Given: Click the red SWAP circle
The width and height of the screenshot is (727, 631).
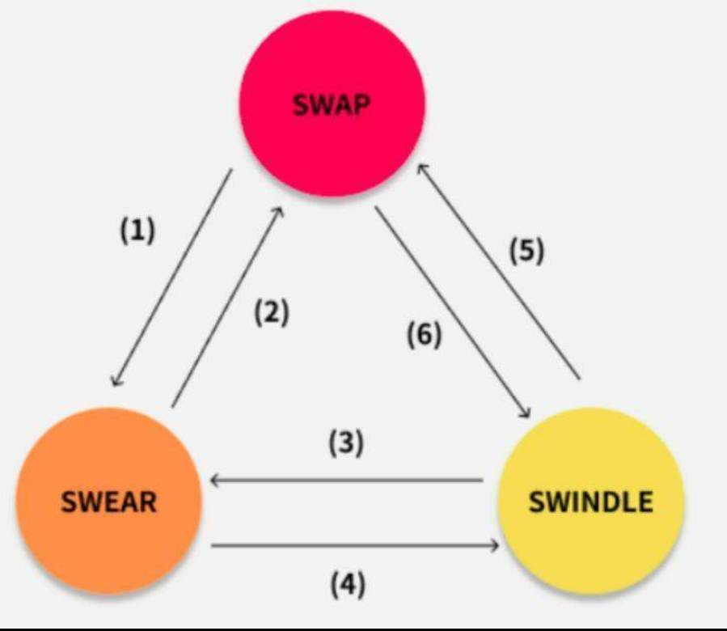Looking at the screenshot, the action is (x=332, y=104).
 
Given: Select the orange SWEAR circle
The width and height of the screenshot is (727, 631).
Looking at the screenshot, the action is (x=109, y=501).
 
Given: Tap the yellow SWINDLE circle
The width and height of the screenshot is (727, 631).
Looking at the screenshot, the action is (x=591, y=501).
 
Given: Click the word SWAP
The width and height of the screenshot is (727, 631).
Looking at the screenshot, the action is (x=332, y=105).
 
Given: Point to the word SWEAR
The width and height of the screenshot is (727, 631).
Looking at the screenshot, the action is (x=109, y=502).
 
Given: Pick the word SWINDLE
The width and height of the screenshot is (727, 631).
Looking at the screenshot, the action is (x=591, y=502).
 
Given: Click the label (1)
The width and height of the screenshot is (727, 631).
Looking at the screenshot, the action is (x=137, y=231).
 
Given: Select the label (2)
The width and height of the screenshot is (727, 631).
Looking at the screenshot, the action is (x=272, y=312).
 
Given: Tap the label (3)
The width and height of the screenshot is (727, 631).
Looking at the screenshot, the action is (x=347, y=443).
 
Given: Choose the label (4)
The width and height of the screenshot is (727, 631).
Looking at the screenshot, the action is (x=348, y=584).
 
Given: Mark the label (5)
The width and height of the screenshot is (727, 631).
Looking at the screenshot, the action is (x=527, y=251).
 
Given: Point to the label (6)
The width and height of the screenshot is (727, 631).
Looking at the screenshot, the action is (x=425, y=335).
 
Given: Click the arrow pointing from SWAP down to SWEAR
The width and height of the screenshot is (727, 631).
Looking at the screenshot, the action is (x=172, y=277).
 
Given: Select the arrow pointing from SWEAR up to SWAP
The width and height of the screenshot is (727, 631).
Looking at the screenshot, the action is (x=227, y=307).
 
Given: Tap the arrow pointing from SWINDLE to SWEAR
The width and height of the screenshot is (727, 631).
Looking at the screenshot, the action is (x=347, y=481).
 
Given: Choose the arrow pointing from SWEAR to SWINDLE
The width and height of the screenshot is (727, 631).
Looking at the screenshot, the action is (x=355, y=545).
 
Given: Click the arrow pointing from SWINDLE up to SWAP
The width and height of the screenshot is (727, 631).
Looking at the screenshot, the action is (x=498, y=272).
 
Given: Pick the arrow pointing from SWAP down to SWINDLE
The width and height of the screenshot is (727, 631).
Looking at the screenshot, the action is (x=453, y=312).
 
